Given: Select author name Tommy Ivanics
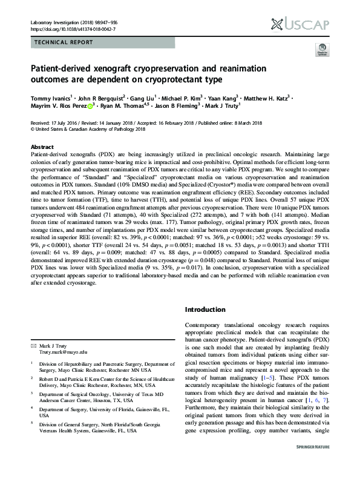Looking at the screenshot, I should (x=50, y=97).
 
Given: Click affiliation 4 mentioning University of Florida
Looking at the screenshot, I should (x=96, y=412).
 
